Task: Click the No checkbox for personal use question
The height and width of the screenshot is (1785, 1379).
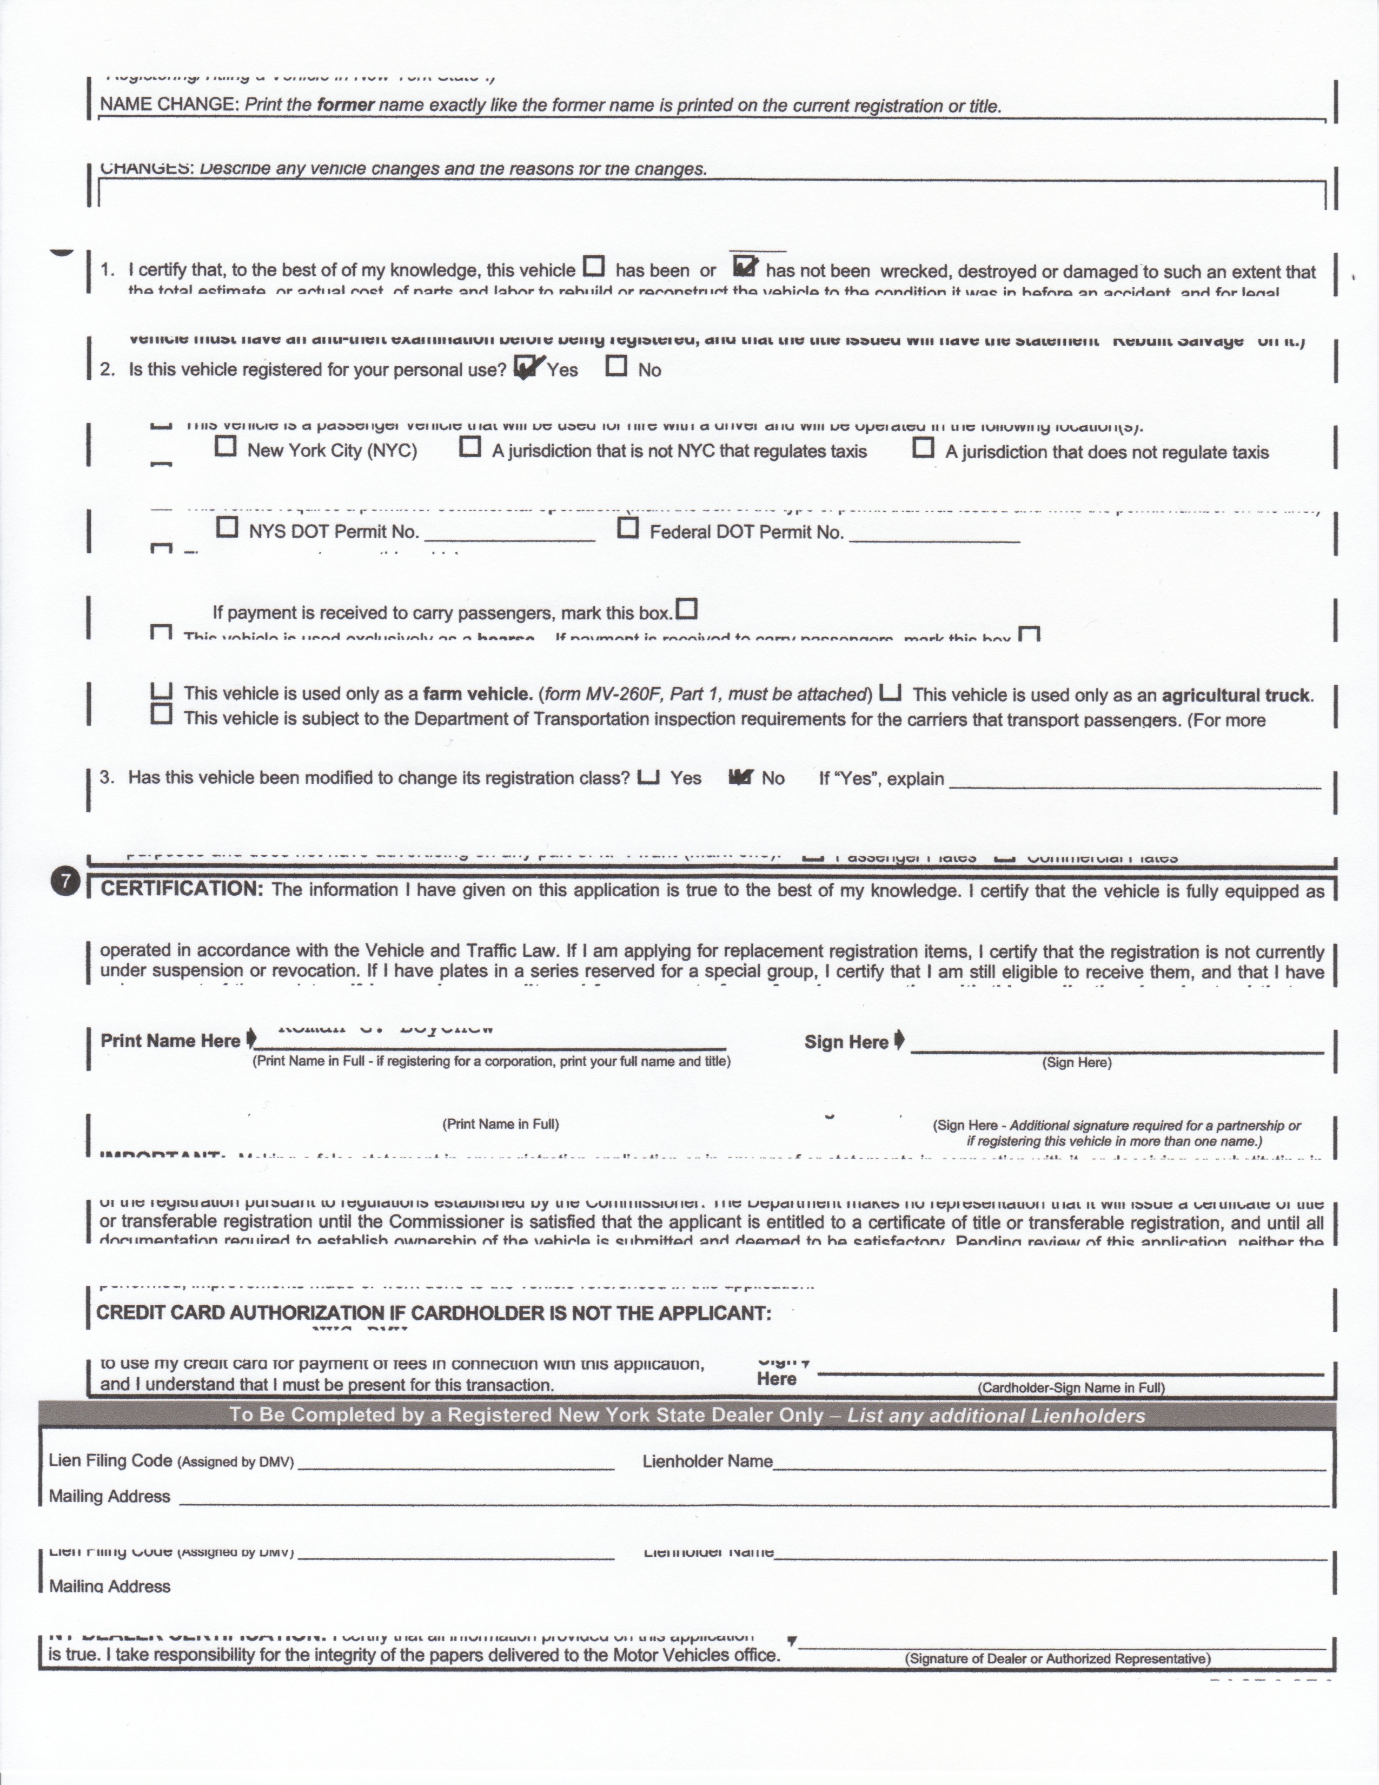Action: tap(617, 366)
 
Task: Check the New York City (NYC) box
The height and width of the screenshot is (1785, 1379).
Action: tap(226, 446)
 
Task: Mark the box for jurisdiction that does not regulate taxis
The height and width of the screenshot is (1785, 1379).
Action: tap(923, 448)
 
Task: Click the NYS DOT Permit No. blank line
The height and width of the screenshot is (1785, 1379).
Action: tap(510, 534)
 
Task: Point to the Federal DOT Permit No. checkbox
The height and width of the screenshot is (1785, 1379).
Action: tap(627, 529)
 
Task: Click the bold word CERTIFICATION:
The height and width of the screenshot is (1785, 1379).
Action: tap(181, 889)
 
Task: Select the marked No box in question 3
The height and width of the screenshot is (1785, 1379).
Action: tap(740, 777)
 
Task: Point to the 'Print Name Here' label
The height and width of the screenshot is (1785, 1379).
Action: tap(170, 1040)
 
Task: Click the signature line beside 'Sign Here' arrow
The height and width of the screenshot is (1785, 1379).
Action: tap(1116, 1046)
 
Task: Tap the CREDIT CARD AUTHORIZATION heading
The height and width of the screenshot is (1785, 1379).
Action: tap(433, 1313)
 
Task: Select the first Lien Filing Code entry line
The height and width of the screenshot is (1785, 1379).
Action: tap(456, 1465)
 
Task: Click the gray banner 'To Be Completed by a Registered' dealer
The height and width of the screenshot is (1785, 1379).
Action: tap(687, 1415)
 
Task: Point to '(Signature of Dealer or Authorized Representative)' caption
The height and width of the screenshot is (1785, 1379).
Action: tap(1057, 1658)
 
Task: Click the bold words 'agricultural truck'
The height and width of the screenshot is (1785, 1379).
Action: tap(1236, 696)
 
